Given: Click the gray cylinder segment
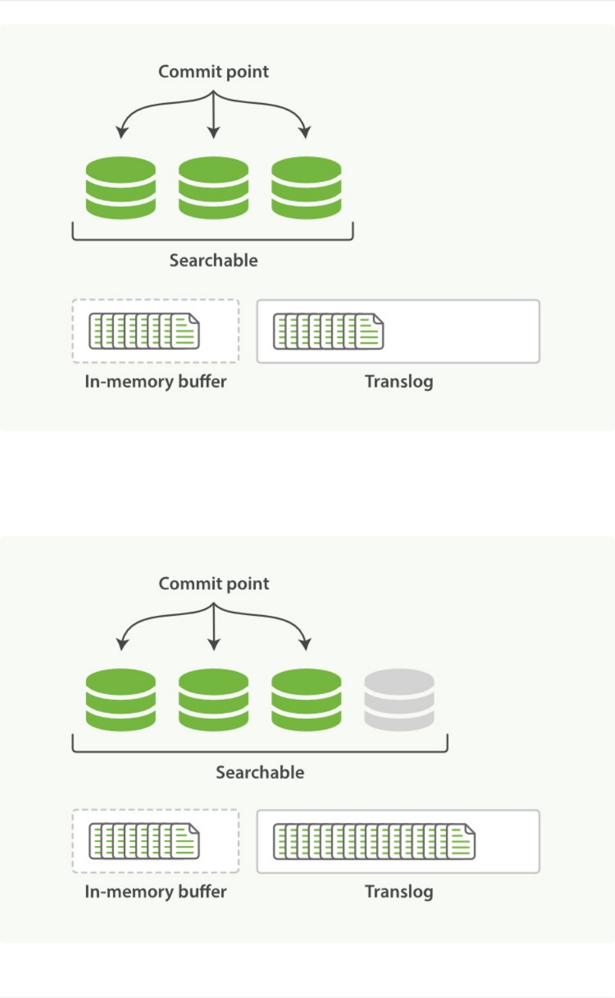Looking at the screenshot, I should [x=399, y=699].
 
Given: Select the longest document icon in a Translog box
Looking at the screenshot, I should [x=374, y=841].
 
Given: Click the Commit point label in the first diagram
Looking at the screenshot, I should [x=213, y=72].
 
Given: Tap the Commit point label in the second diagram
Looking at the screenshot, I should [x=213, y=584].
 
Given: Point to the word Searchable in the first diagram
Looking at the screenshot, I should [x=213, y=260].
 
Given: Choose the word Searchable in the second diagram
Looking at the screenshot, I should [x=260, y=772].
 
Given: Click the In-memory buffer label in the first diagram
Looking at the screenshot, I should [x=155, y=382].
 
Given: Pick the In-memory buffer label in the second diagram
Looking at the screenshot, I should [x=155, y=892].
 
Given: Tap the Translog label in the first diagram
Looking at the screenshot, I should [x=398, y=382].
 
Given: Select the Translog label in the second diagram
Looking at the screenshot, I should [x=398, y=892].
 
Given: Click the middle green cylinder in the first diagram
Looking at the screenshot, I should [x=213, y=187].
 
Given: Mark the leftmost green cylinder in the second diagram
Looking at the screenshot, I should [x=121, y=699].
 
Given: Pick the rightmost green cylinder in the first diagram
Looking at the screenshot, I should [x=306, y=187].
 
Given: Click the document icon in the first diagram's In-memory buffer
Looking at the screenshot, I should [x=144, y=331].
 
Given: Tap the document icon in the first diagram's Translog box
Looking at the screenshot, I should [x=328, y=331].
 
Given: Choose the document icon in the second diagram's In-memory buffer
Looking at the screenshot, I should [x=144, y=841].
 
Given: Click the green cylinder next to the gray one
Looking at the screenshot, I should [x=306, y=699].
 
